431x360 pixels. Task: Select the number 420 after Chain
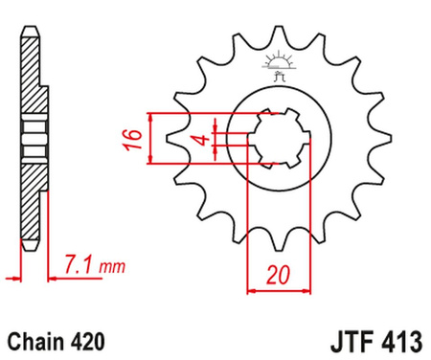[79, 340]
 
